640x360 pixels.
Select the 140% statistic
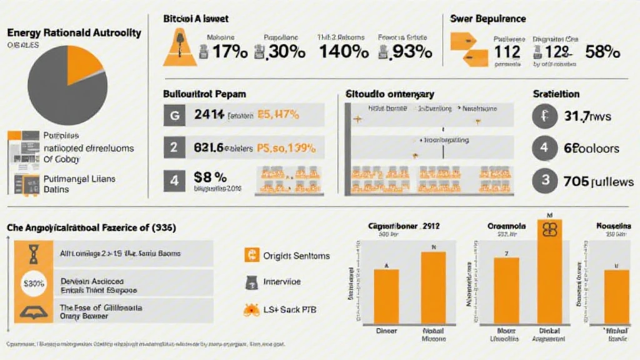(x=343, y=52)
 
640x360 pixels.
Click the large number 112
(x=507, y=52)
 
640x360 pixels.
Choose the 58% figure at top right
(x=602, y=52)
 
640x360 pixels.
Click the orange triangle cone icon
(x=179, y=50)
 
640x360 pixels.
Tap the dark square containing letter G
(x=174, y=116)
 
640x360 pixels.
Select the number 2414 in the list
(x=209, y=115)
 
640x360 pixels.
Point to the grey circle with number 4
(x=544, y=149)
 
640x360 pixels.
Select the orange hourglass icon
(x=33, y=254)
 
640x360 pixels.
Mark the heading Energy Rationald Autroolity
(x=74, y=32)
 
